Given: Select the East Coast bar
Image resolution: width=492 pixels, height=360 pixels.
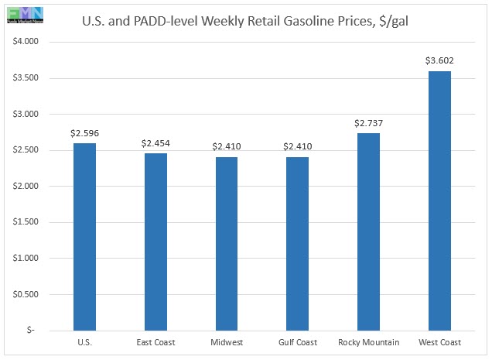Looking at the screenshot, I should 155,242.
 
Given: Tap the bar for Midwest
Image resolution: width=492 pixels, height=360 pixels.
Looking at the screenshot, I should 226,243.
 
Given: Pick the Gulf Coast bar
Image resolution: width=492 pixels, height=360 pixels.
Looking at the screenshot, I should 297,243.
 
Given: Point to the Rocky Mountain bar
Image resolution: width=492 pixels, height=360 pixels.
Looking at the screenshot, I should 368,231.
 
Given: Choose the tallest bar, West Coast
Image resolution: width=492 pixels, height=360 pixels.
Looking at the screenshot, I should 439,201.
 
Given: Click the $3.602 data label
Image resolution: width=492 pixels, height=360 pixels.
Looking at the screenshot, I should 439,60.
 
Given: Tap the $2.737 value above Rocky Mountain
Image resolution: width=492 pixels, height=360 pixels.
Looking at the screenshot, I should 368,123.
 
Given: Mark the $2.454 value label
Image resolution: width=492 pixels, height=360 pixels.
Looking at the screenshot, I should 155,143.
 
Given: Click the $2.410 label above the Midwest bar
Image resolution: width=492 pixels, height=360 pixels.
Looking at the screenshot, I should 226,146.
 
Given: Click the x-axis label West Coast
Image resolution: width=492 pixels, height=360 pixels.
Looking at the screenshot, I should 439,343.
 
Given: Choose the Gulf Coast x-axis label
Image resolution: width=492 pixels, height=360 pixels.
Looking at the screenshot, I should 297,343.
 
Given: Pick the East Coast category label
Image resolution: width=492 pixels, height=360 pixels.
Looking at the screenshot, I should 155,343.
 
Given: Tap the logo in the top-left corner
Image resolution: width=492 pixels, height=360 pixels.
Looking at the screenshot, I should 25,14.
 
